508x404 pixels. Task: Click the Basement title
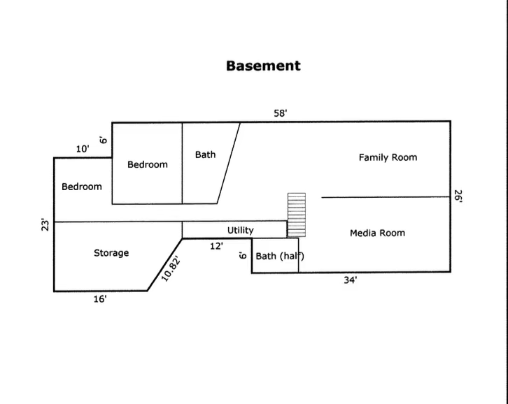263,66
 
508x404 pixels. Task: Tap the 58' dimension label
281,113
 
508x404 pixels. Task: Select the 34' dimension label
351,280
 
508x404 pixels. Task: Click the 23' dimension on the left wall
45,224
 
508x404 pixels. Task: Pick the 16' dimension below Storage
100,299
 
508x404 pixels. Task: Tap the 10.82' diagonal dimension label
171,268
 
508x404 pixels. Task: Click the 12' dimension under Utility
216,246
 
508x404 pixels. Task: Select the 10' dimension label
83,149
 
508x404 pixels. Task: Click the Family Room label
388,157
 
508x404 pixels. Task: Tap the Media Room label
377,233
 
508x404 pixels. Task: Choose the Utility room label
240,230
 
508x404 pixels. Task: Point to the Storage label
111,252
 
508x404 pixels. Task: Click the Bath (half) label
279,256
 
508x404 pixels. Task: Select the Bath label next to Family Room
205,154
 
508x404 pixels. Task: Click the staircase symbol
297,215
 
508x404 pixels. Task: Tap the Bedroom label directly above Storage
81,187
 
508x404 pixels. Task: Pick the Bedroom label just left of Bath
148,164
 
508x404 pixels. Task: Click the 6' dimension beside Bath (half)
242,256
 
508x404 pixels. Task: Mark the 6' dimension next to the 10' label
103,140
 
